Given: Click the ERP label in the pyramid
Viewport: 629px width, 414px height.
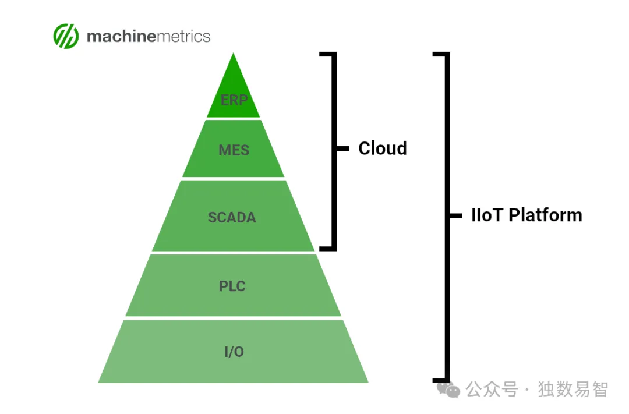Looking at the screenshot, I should tap(234, 100).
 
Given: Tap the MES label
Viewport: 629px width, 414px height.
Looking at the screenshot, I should tap(234, 150).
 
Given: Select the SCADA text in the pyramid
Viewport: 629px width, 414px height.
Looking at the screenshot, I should tap(232, 218).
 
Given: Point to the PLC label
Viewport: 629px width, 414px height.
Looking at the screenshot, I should tap(232, 286).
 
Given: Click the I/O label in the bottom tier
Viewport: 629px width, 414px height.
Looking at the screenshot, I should tap(234, 352).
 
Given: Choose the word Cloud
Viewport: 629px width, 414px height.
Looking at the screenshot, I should tap(382, 148).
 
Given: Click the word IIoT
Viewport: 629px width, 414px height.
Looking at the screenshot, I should tap(487, 215).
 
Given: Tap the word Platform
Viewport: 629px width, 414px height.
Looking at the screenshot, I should tap(545, 215).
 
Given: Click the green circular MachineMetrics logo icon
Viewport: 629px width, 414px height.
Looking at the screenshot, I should tap(66, 36).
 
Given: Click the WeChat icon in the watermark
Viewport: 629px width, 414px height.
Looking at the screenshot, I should tap(448, 390).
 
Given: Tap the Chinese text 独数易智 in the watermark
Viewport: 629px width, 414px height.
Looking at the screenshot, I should tap(573, 389).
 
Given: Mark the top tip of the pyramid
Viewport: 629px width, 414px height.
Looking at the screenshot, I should tap(234, 54).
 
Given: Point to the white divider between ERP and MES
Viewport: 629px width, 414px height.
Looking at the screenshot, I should tap(234, 118).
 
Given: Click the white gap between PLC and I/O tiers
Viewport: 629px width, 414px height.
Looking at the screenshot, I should tap(233, 318).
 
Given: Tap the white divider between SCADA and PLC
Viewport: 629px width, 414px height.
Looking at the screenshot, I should tap(233, 253).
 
